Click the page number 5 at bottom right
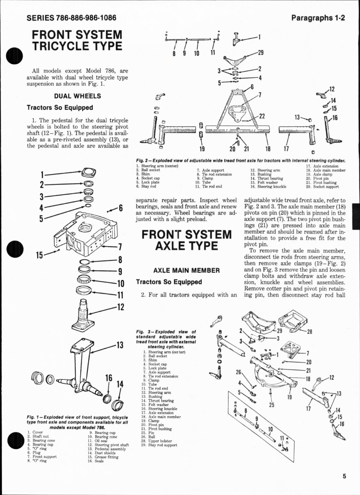(345, 476)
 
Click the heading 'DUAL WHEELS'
(77, 96)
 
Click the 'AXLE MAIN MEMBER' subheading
(187, 270)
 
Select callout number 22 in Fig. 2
(263, 116)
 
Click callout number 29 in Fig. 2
(260, 52)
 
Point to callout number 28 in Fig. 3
(309, 332)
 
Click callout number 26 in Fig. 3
(238, 372)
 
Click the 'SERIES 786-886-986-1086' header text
(71, 18)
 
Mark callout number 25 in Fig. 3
(271, 405)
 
